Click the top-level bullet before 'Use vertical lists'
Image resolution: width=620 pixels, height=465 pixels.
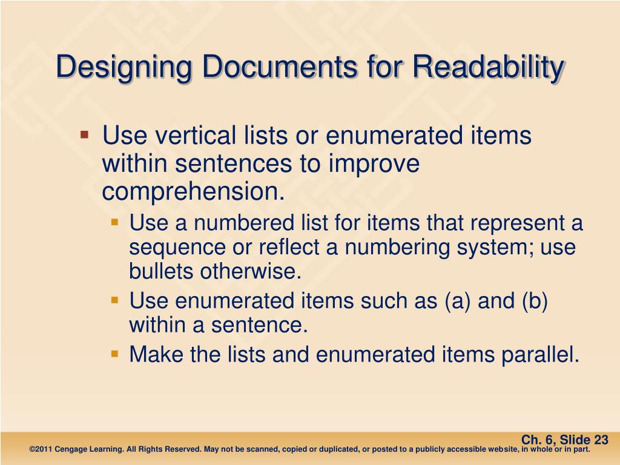pos(85,134)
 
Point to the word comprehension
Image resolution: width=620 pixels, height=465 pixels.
pos(193,191)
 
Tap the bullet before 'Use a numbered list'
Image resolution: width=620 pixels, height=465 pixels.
pos(115,223)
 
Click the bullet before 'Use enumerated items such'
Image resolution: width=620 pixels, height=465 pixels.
pos(115,300)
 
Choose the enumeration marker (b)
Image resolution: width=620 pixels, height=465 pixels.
pos(534,301)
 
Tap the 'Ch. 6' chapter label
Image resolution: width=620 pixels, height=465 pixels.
pos(536,440)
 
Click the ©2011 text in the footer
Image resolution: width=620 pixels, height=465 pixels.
pos(40,450)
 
